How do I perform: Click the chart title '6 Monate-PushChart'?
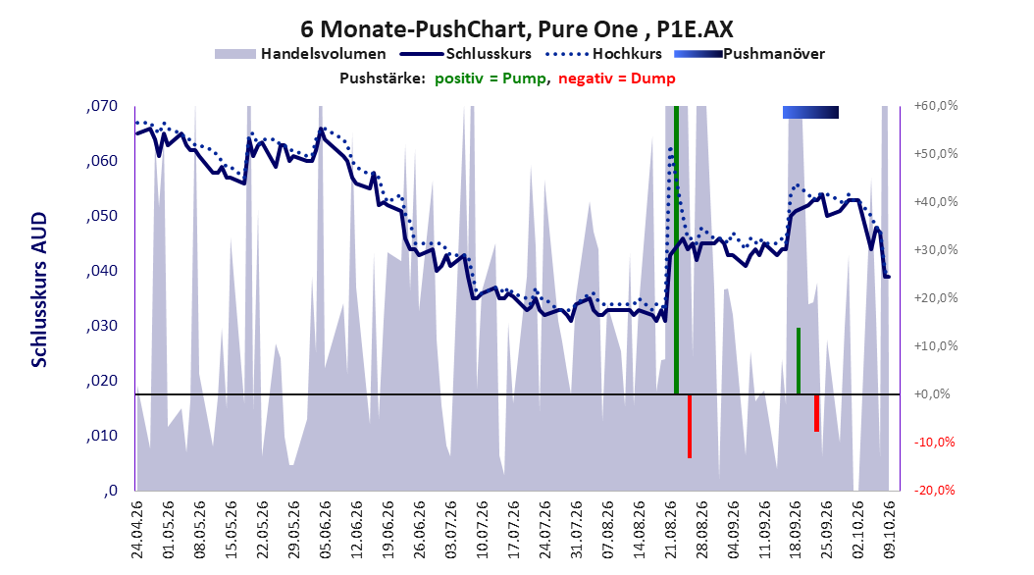413,29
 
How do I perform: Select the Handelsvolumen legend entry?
301,54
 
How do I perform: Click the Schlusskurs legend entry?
466,54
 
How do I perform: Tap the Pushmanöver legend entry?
750,54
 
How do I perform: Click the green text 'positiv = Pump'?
491,79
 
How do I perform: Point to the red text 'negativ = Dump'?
617,79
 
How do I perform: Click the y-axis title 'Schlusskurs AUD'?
39,289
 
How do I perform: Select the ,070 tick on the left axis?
102,106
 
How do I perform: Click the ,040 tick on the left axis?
102,271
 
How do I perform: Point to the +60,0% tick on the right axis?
936,106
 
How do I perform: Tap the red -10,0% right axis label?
934,442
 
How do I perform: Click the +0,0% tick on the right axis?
932,393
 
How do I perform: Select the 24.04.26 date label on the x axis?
137,530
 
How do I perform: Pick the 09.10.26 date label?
890,530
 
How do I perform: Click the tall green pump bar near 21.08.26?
676,250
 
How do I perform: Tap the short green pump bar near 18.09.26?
799,361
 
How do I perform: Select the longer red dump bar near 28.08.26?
690,426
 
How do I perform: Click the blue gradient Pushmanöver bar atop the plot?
810,112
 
